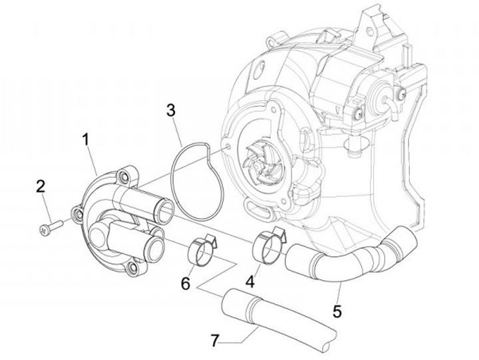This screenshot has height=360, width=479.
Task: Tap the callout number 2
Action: point(41,186)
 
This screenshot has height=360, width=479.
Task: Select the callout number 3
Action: point(171,110)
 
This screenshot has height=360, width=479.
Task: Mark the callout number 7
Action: point(214,341)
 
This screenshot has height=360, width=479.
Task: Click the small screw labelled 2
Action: point(49,228)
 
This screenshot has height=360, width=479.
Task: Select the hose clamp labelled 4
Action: point(269,246)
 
